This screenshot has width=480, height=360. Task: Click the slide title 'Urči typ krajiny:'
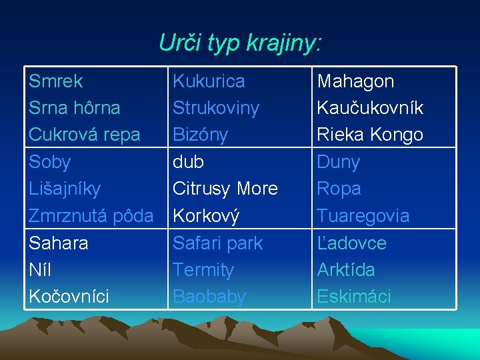[240, 43]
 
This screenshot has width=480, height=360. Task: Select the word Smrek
[56, 81]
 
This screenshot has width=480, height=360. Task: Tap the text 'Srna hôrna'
[75, 108]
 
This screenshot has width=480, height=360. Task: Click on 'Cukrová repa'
[85, 135]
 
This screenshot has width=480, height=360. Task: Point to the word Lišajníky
[65, 189]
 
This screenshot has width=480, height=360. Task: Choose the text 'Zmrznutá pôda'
[91, 216]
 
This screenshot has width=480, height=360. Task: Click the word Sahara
[59, 243]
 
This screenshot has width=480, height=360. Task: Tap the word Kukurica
[209, 81]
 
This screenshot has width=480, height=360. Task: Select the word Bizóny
[200, 135]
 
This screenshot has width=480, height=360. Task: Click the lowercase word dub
[188, 162]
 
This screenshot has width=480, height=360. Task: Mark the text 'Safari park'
[218, 243]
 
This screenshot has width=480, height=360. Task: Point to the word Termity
[203, 270]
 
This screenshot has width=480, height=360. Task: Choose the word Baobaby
[209, 297]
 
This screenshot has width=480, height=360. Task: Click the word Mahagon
[355, 81]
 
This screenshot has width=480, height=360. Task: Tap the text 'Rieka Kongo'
[370, 135]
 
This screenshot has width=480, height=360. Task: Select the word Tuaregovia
[363, 216]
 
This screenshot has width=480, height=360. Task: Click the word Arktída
[346, 270]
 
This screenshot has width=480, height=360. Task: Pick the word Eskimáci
[354, 297]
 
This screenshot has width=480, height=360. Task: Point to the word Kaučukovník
[370, 108]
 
